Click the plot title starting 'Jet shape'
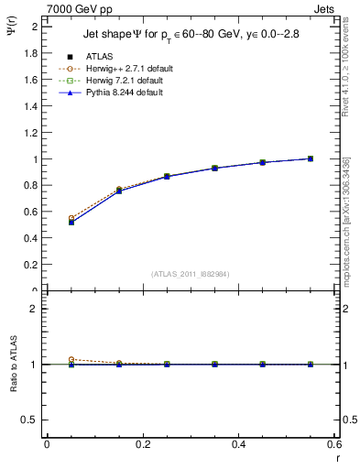183,35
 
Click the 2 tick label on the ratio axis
35,309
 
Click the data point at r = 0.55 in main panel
311,158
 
